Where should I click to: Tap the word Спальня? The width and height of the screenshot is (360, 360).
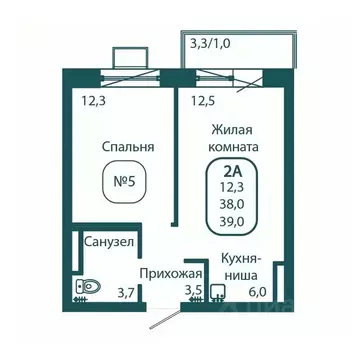click(x=127, y=147)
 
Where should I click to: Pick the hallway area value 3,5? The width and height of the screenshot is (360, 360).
click(x=193, y=291)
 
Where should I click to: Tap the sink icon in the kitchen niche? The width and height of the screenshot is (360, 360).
click(x=219, y=291)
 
